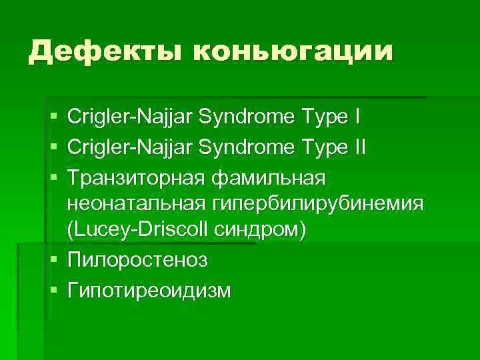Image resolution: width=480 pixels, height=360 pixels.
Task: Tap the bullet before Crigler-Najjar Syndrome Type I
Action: [x=53, y=117]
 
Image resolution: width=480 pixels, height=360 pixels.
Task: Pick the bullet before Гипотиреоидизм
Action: [x=53, y=289]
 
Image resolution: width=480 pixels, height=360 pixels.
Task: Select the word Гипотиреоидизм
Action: [x=149, y=289]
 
